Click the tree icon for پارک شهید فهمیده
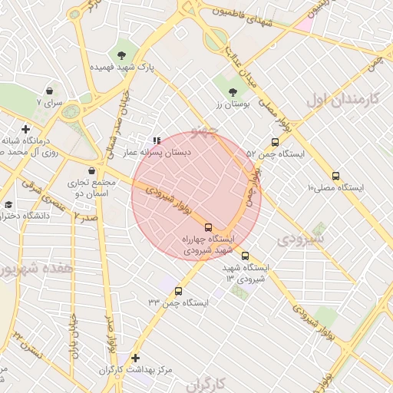point(121,54)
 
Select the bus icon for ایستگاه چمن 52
point(275,142)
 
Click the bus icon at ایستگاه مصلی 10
point(335,176)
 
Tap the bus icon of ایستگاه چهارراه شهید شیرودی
point(208,226)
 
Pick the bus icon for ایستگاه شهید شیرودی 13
point(245,256)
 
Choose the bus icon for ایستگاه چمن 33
point(179,291)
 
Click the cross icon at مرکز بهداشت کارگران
point(136,358)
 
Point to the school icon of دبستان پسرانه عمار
point(157,140)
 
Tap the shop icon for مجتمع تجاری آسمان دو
point(92,170)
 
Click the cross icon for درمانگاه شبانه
point(26,129)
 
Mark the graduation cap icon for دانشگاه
point(8,204)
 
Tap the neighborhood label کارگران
point(209,382)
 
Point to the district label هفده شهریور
point(36,269)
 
